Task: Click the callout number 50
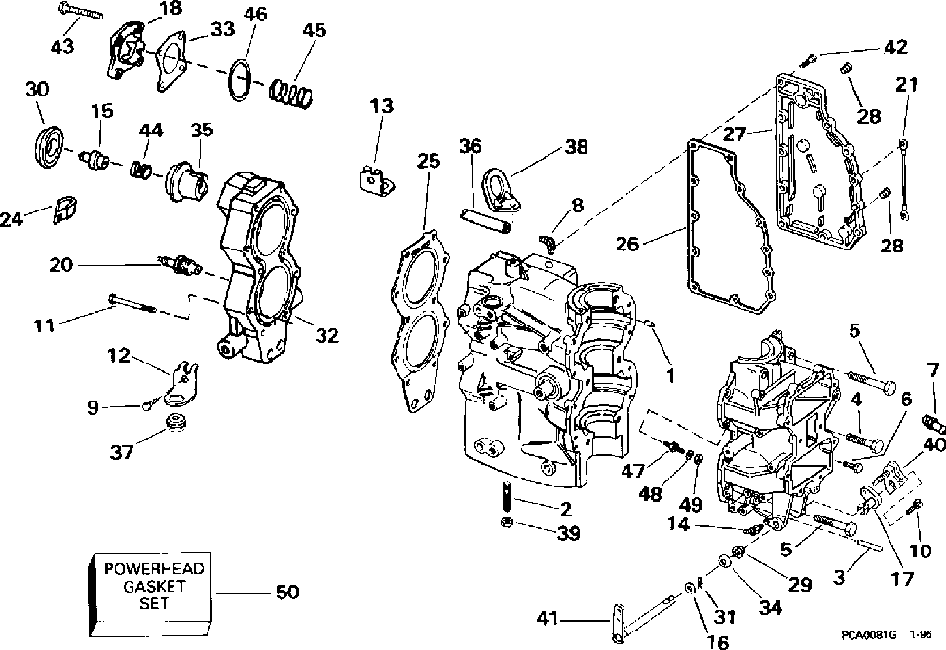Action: [x=287, y=593]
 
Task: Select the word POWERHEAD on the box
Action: [x=155, y=568]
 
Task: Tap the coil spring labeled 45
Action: [x=290, y=93]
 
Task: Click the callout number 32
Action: [x=327, y=335]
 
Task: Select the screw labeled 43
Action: [x=80, y=11]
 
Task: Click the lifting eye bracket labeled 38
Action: [x=501, y=190]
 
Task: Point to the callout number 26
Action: [x=627, y=244]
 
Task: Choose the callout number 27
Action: [x=735, y=134]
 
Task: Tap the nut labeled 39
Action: [x=508, y=522]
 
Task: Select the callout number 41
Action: [x=548, y=619]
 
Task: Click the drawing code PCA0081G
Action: [x=869, y=635]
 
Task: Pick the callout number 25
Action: [x=429, y=161]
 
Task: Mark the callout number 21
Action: [x=907, y=84]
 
